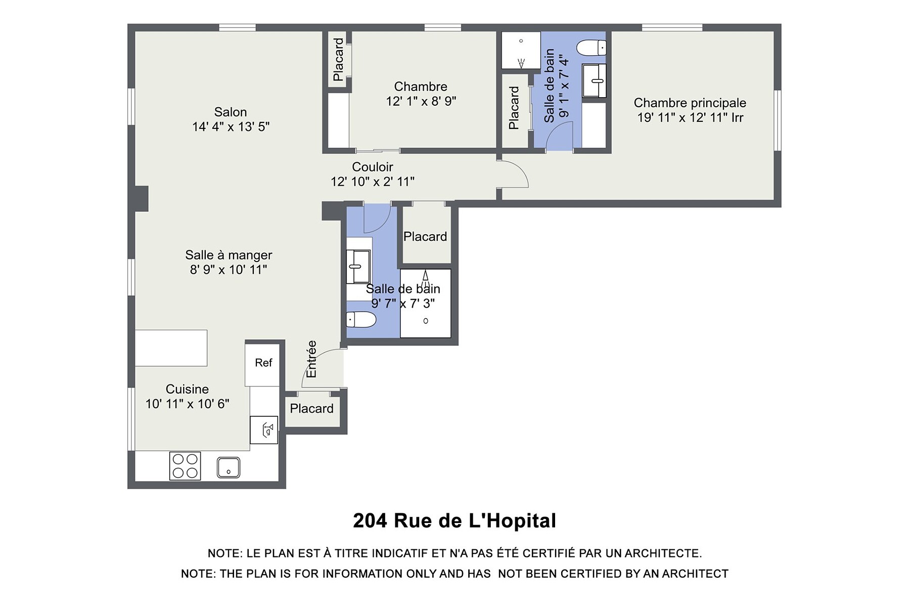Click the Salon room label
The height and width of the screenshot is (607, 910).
pyautogui.click(x=231, y=112)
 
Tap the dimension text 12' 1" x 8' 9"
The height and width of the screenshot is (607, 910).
pyautogui.click(x=421, y=101)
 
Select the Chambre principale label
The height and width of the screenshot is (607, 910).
pyautogui.click(x=690, y=103)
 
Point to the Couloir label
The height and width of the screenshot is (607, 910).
pyautogui.click(x=373, y=166)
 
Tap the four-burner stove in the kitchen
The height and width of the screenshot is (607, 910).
pyautogui.click(x=185, y=466)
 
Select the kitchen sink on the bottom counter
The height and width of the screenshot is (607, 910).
pyautogui.click(x=229, y=467)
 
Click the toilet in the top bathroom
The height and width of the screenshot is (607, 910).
pyautogui.click(x=591, y=48)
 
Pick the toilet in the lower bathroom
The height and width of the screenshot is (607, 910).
pyautogui.click(x=361, y=320)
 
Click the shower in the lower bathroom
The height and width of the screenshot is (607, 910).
pyautogui.click(x=426, y=303)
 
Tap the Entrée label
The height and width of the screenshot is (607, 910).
pyautogui.click(x=311, y=359)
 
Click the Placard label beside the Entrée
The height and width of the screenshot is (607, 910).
pyautogui.click(x=311, y=409)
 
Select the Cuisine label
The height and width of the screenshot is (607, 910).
pyautogui.click(x=187, y=389)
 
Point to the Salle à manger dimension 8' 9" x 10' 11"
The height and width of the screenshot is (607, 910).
pyautogui.click(x=229, y=270)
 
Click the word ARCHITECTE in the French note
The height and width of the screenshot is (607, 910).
pyautogui.click(x=663, y=553)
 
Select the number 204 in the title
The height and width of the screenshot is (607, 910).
pyautogui.click(x=370, y=521)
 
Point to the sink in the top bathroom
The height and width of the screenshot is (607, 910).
pyautogui.click(x=594, y=80)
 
